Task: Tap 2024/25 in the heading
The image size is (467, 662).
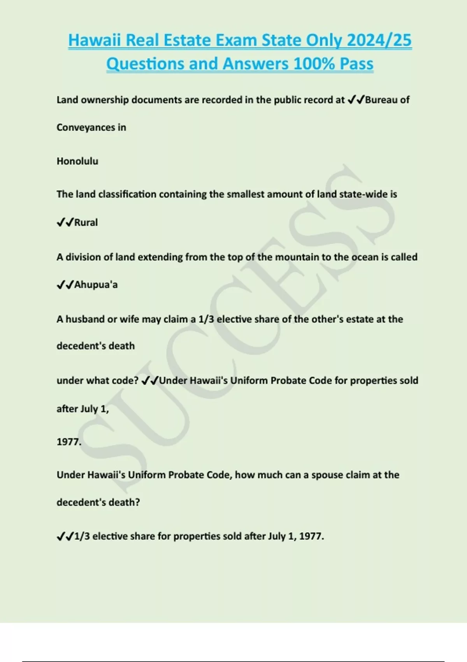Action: [x=379, y=40]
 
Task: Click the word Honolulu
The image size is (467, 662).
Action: [x=77, y=161]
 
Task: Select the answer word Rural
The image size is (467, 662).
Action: [x=86, y=223]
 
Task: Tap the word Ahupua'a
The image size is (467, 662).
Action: [x=96, y=285]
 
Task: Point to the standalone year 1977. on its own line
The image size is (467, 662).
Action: [x=69, y=442]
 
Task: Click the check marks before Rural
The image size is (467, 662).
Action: [x=65, y=223]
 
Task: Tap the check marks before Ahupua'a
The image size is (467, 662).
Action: [x=65, y=285]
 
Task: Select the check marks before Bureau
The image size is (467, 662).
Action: [x=356, y=100]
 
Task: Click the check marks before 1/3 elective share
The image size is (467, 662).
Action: [x=65, y=537]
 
